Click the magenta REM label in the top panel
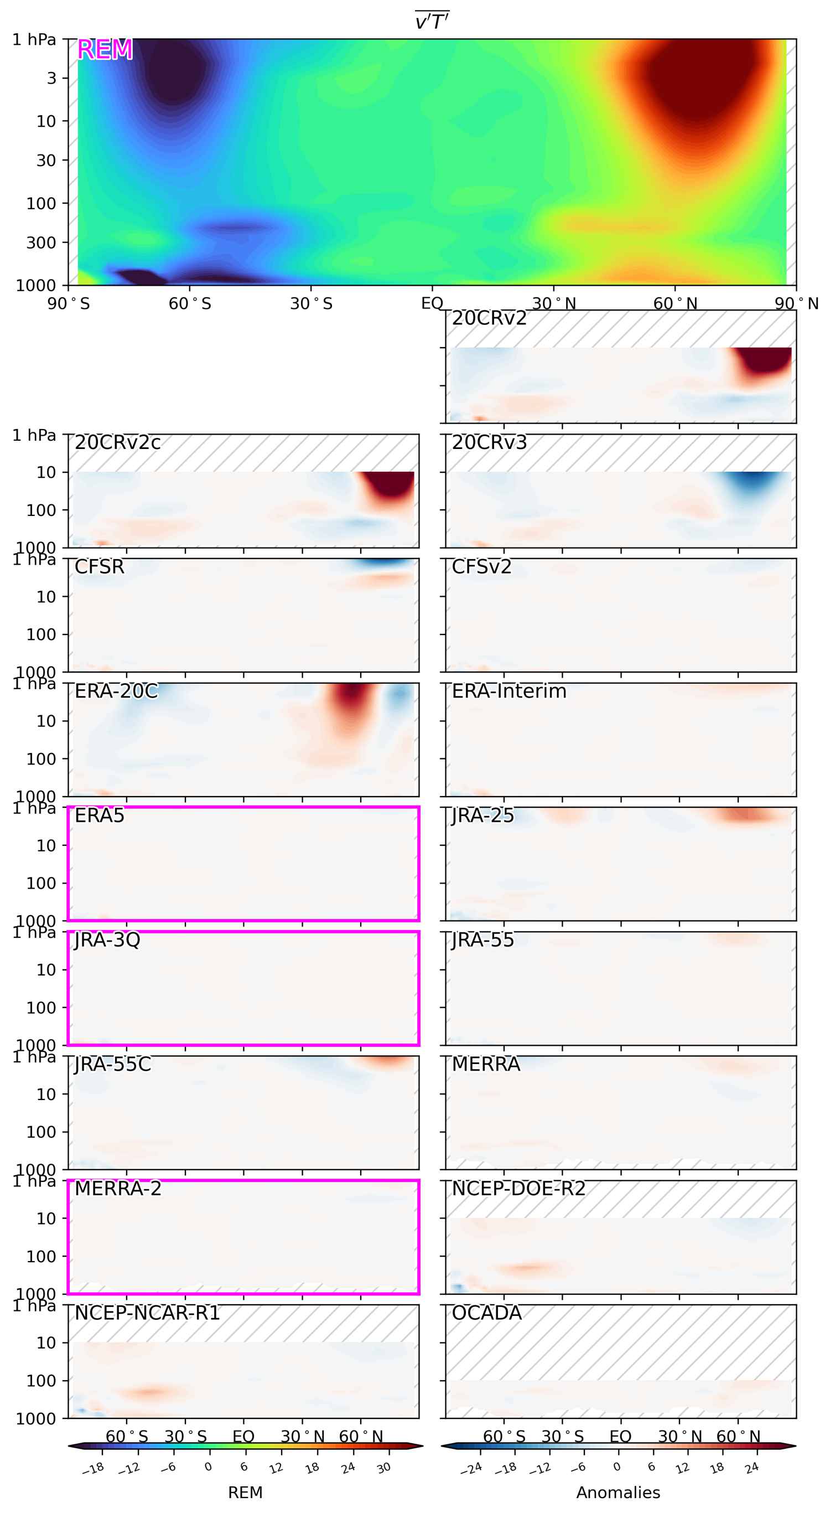click(x=105, y=50)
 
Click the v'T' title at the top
click(x=432, y=22)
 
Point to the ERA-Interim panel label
click(x=509, y=691)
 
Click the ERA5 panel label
click(x=99, y=816)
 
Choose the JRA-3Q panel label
click(x=107, y=941)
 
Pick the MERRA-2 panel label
click(x=117, y=1189)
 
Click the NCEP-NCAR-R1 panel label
click(x=147, y=1313)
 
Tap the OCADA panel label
click(x=486, y=1313)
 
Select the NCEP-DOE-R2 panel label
click(x=518, y=1189)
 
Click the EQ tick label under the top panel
click(x=432, y=304)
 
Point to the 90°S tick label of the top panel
click(x=69, y=304)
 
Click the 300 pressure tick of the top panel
click(x=40, y=242)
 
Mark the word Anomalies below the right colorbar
click(x=618, y=1493)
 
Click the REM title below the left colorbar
click(x=245, y=1493)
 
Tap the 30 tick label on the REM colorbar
click(x=384, y=1468)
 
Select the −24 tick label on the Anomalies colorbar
click(x=471, y=1469)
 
